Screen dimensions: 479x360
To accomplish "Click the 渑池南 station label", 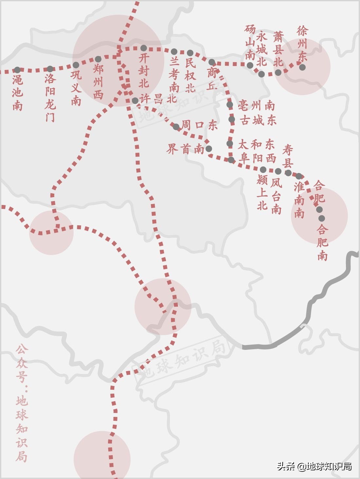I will [x=18, y=93].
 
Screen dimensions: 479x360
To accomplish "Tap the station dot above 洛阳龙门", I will [x=50, y=69].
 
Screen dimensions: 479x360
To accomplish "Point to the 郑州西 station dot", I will [x=98, y=59].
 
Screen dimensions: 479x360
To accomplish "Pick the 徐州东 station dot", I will [x=302, y=67].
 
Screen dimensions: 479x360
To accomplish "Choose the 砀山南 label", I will [x=250, y=43].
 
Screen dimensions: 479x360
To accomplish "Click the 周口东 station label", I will [x=199, y=125].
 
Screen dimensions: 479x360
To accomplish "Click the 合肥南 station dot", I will [x=322, y=218].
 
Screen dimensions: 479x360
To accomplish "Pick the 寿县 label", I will [x=288, y=156].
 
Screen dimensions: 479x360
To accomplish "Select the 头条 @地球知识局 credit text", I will [x=314, y=466].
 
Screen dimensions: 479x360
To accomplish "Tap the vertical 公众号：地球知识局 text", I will [x=22, y=403].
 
